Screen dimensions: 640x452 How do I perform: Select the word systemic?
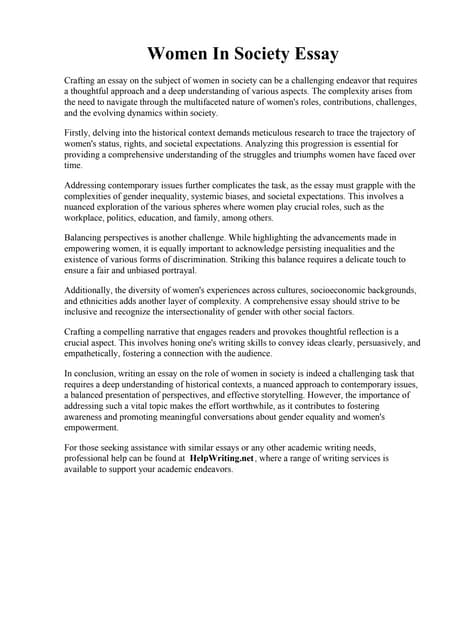219,197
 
